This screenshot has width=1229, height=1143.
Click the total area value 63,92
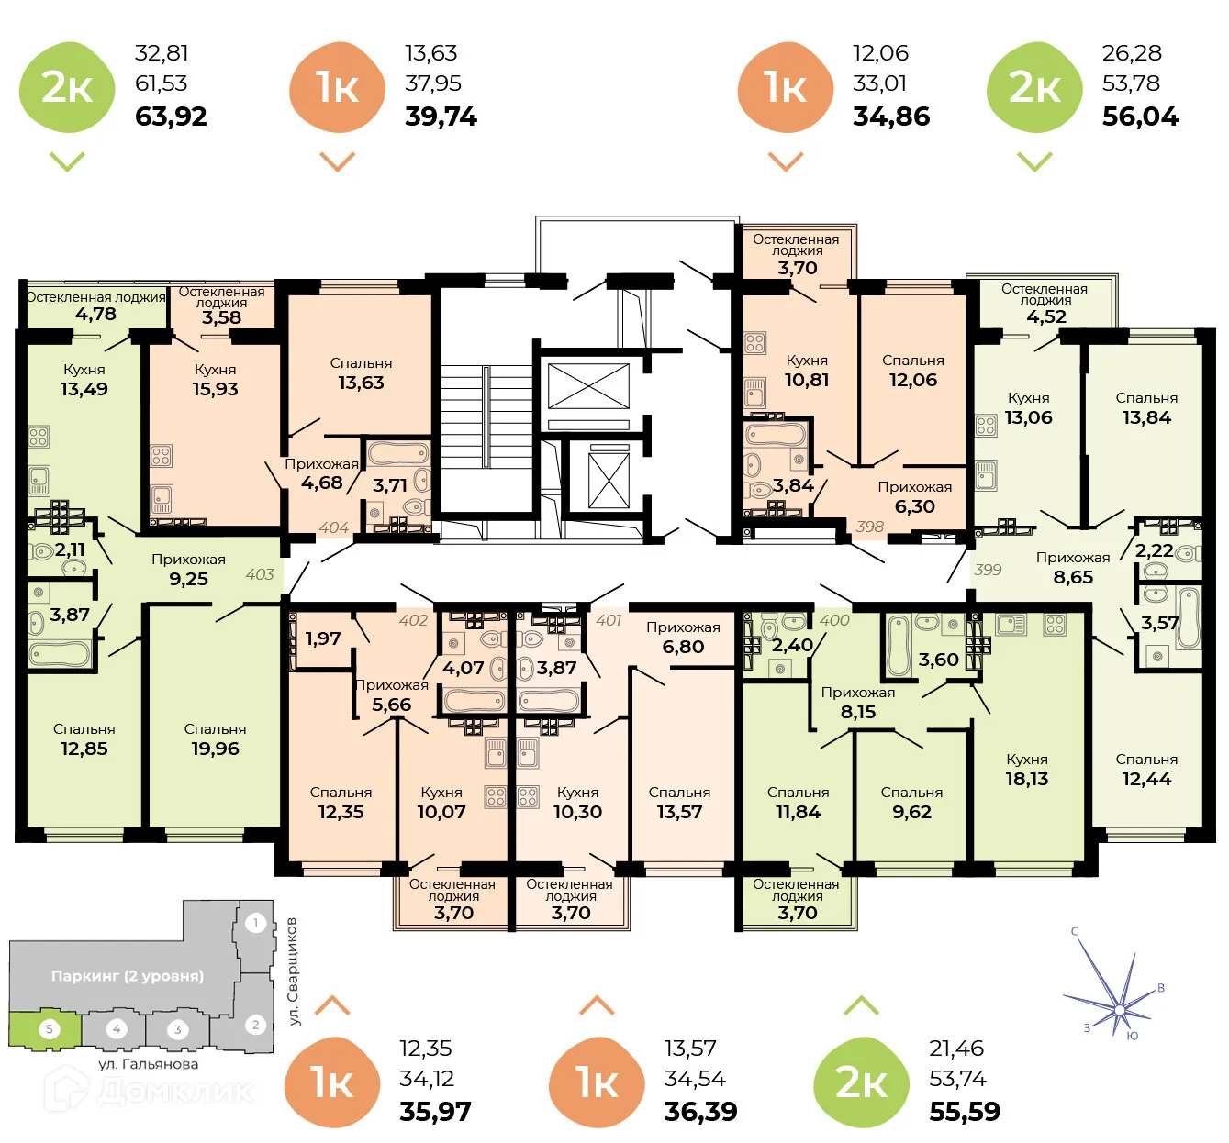coord(171,117)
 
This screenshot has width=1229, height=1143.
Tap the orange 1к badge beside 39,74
coord(336,87)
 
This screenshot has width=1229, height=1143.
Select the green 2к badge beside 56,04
coord(1034,87)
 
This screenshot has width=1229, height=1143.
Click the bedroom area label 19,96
coord(215,749)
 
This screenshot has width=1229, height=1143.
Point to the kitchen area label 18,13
coord(1026,779)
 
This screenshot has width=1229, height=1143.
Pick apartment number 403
coord(260,574)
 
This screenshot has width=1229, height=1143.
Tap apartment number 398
coord(869,527)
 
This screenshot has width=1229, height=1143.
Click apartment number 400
coord(834,620)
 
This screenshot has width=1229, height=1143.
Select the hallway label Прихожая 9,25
coord(188,570)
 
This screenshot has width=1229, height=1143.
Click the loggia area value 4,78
coord(95,314)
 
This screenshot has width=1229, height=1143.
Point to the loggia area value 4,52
coord(1045,316)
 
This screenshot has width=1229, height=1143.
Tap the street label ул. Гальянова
coord(148,1064)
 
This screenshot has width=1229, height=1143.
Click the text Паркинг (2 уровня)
coord(128,976)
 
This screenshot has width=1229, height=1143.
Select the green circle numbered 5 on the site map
coord(50,1029)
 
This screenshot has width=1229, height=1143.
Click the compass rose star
coord(1119,1008)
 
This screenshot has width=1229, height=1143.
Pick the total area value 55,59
coord(965,1112)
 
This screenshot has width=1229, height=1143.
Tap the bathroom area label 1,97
coord(322,638)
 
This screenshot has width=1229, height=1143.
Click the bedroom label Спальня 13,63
coord(361,373)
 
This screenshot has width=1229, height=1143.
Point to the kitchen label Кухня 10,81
coord(807,371)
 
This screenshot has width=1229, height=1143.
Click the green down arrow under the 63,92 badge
coord(67,161)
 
